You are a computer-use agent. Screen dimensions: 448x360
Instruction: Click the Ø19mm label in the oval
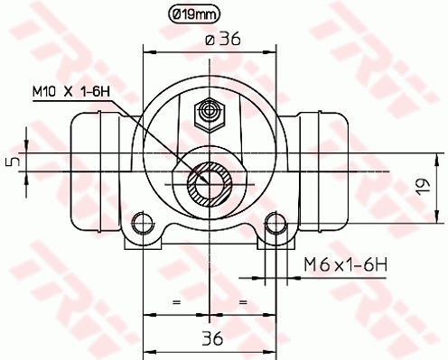pyautogui.click(x=193, y=14)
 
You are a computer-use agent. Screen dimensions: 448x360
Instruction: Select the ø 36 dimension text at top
pyautogui.click(x=223, y=39)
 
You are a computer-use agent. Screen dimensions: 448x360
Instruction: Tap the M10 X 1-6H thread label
pyautogui.click(x=71, y=91)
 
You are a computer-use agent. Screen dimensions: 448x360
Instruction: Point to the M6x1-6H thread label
pyautogui.click(x=345, y=264)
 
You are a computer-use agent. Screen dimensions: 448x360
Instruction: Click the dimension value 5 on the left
pyautogui.click(x=13, y=162)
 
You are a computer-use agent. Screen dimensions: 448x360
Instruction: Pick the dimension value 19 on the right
pyautogui.click(x=424, y=187)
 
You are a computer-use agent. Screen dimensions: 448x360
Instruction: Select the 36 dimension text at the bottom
pyautogui.click(x=212, y=338)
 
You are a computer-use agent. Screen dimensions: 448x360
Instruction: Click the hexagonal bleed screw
pyautogui.click(x=210, y=115)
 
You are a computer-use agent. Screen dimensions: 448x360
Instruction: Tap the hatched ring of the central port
pyautogui.click(x=210, y=184)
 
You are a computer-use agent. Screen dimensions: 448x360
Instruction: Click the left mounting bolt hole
pyautogui.click(x=141, y=223)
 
